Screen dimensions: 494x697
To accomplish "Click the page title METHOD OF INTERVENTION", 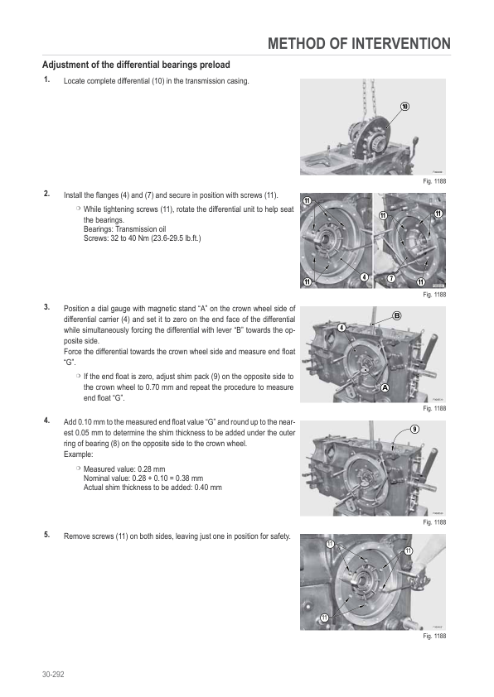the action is point(359,44).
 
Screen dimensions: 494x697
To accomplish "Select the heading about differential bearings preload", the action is point(136,65).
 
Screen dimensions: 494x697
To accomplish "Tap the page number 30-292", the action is point(53,675).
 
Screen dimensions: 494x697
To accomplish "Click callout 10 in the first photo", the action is point(404,106).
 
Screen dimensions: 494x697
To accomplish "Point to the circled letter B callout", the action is point(396,315).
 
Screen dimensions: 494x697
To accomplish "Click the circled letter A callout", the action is point(385,387).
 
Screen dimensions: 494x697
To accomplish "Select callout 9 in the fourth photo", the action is point(414,429).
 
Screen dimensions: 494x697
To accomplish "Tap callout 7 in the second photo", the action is point(391,278).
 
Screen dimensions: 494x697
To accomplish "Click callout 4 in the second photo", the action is point(365,277).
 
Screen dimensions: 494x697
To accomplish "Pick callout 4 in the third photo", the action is point(341,328).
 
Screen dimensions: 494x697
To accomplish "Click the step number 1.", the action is point(46,79).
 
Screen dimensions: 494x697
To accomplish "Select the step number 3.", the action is point(46,307).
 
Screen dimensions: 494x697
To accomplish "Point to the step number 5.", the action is point(46,535).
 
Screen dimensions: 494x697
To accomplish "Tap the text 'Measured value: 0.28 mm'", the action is point(124,469).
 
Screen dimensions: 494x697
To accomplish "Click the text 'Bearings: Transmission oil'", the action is point(124,229).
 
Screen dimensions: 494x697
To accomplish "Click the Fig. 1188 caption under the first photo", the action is point(434,181).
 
